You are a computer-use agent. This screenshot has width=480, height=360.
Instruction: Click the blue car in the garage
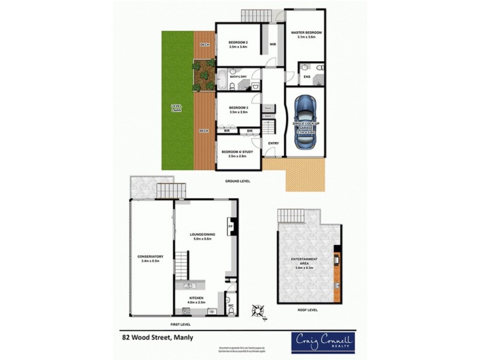click(x=305, y=123)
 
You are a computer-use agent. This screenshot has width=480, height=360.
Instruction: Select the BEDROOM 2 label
click(x=238, y=43)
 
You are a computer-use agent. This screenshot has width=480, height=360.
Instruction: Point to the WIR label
click(x=272, y=44)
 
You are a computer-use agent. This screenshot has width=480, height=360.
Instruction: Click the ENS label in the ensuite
click(x=307, y=77)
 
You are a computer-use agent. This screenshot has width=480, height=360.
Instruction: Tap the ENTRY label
click(x=274, y=143)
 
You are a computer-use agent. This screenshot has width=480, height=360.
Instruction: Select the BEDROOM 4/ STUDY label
click(x=237, y=152)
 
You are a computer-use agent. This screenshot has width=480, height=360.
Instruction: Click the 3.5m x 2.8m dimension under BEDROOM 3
click(x=238, y=113)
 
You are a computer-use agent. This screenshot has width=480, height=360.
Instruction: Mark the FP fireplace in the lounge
click(x=229, y=227)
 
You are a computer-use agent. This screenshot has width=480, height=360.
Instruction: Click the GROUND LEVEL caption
click(x=237, y=180)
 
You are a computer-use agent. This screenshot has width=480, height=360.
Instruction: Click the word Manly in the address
click(x=184, y=337)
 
